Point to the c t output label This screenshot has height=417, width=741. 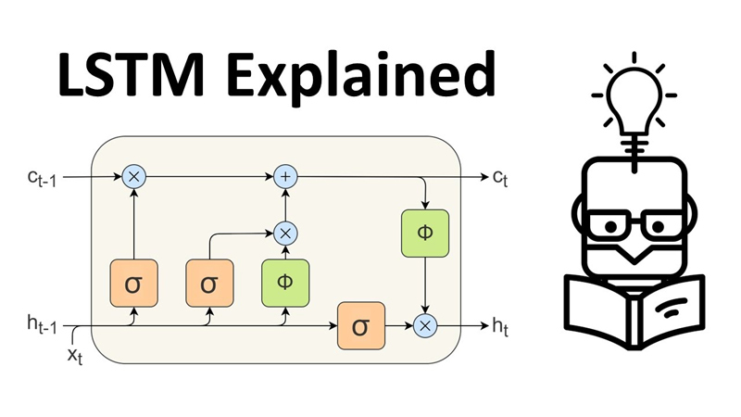(500, 175)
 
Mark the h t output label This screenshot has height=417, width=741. (500, 325)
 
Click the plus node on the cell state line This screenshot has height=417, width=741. (285, 175)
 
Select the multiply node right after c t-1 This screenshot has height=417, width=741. (135, 175)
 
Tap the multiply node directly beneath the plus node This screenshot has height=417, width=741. (285, 233)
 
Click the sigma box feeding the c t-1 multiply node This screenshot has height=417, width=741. (135, 283)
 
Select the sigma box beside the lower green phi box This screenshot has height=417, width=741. (209, 283)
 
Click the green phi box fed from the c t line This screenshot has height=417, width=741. (425, 233)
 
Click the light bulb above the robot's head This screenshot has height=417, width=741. (636, 94)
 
